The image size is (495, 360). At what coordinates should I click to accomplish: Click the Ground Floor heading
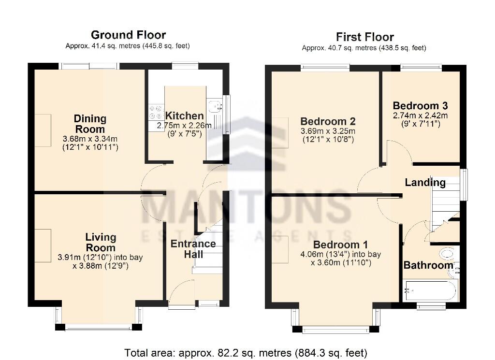[128, 35]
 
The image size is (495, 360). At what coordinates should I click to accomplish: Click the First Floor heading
[364, 37]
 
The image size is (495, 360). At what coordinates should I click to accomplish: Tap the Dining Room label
[90, 124]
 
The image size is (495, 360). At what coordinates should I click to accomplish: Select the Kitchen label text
[184, 116]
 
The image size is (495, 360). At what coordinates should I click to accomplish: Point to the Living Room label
[101, 242]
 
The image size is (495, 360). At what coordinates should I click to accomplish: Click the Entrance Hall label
[193, 248]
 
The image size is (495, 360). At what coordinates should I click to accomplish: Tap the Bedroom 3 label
[420, 106]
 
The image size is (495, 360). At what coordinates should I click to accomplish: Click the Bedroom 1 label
[340, 244]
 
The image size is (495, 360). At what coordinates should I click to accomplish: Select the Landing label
[425, 183]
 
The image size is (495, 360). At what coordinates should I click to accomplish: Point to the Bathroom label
[428, 265]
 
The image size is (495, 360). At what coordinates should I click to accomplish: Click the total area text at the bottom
[246, 352]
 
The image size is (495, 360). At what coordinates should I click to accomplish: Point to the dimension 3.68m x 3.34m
[90, 139]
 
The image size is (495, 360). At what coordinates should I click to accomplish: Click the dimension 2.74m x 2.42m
[420, 115]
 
